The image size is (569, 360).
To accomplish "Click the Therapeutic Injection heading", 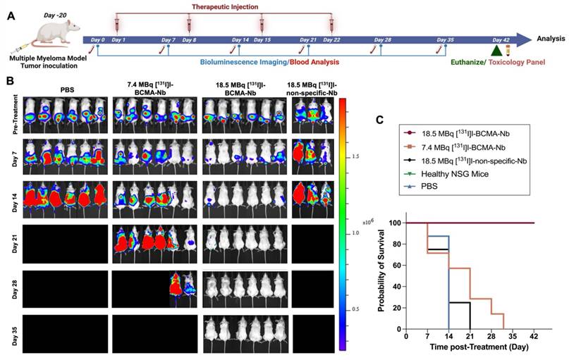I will (x=225, y=7).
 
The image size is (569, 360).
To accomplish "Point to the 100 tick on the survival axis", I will (x=395, y=223).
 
